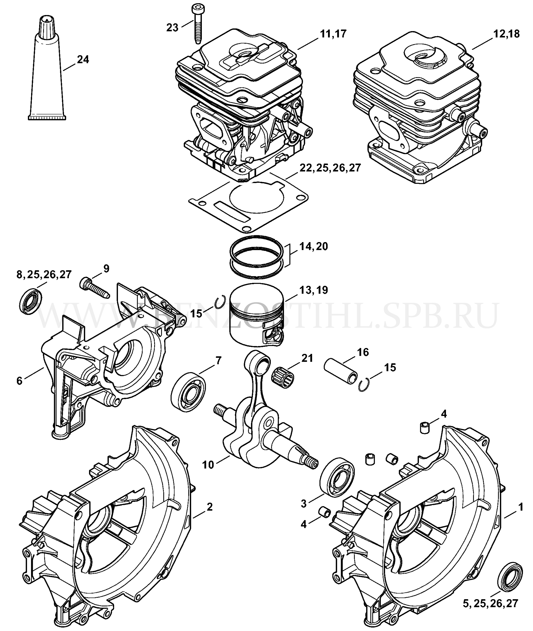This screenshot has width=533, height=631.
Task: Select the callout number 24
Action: click(83, 60)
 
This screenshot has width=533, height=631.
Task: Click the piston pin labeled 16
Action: click(340, 371)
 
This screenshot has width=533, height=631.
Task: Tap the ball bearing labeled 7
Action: click(188, 390)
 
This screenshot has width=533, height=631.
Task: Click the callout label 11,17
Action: click(333, 34)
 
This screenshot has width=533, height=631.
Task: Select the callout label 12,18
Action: click(506, 34)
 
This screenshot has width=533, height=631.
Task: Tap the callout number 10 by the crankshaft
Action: click(208, 464)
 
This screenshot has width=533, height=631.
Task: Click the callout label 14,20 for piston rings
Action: click(314, 246)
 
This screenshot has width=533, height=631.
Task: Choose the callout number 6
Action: click(19, 381)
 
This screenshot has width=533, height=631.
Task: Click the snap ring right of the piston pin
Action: click(364, 385)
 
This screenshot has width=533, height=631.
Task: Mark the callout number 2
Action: click(209, 507)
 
